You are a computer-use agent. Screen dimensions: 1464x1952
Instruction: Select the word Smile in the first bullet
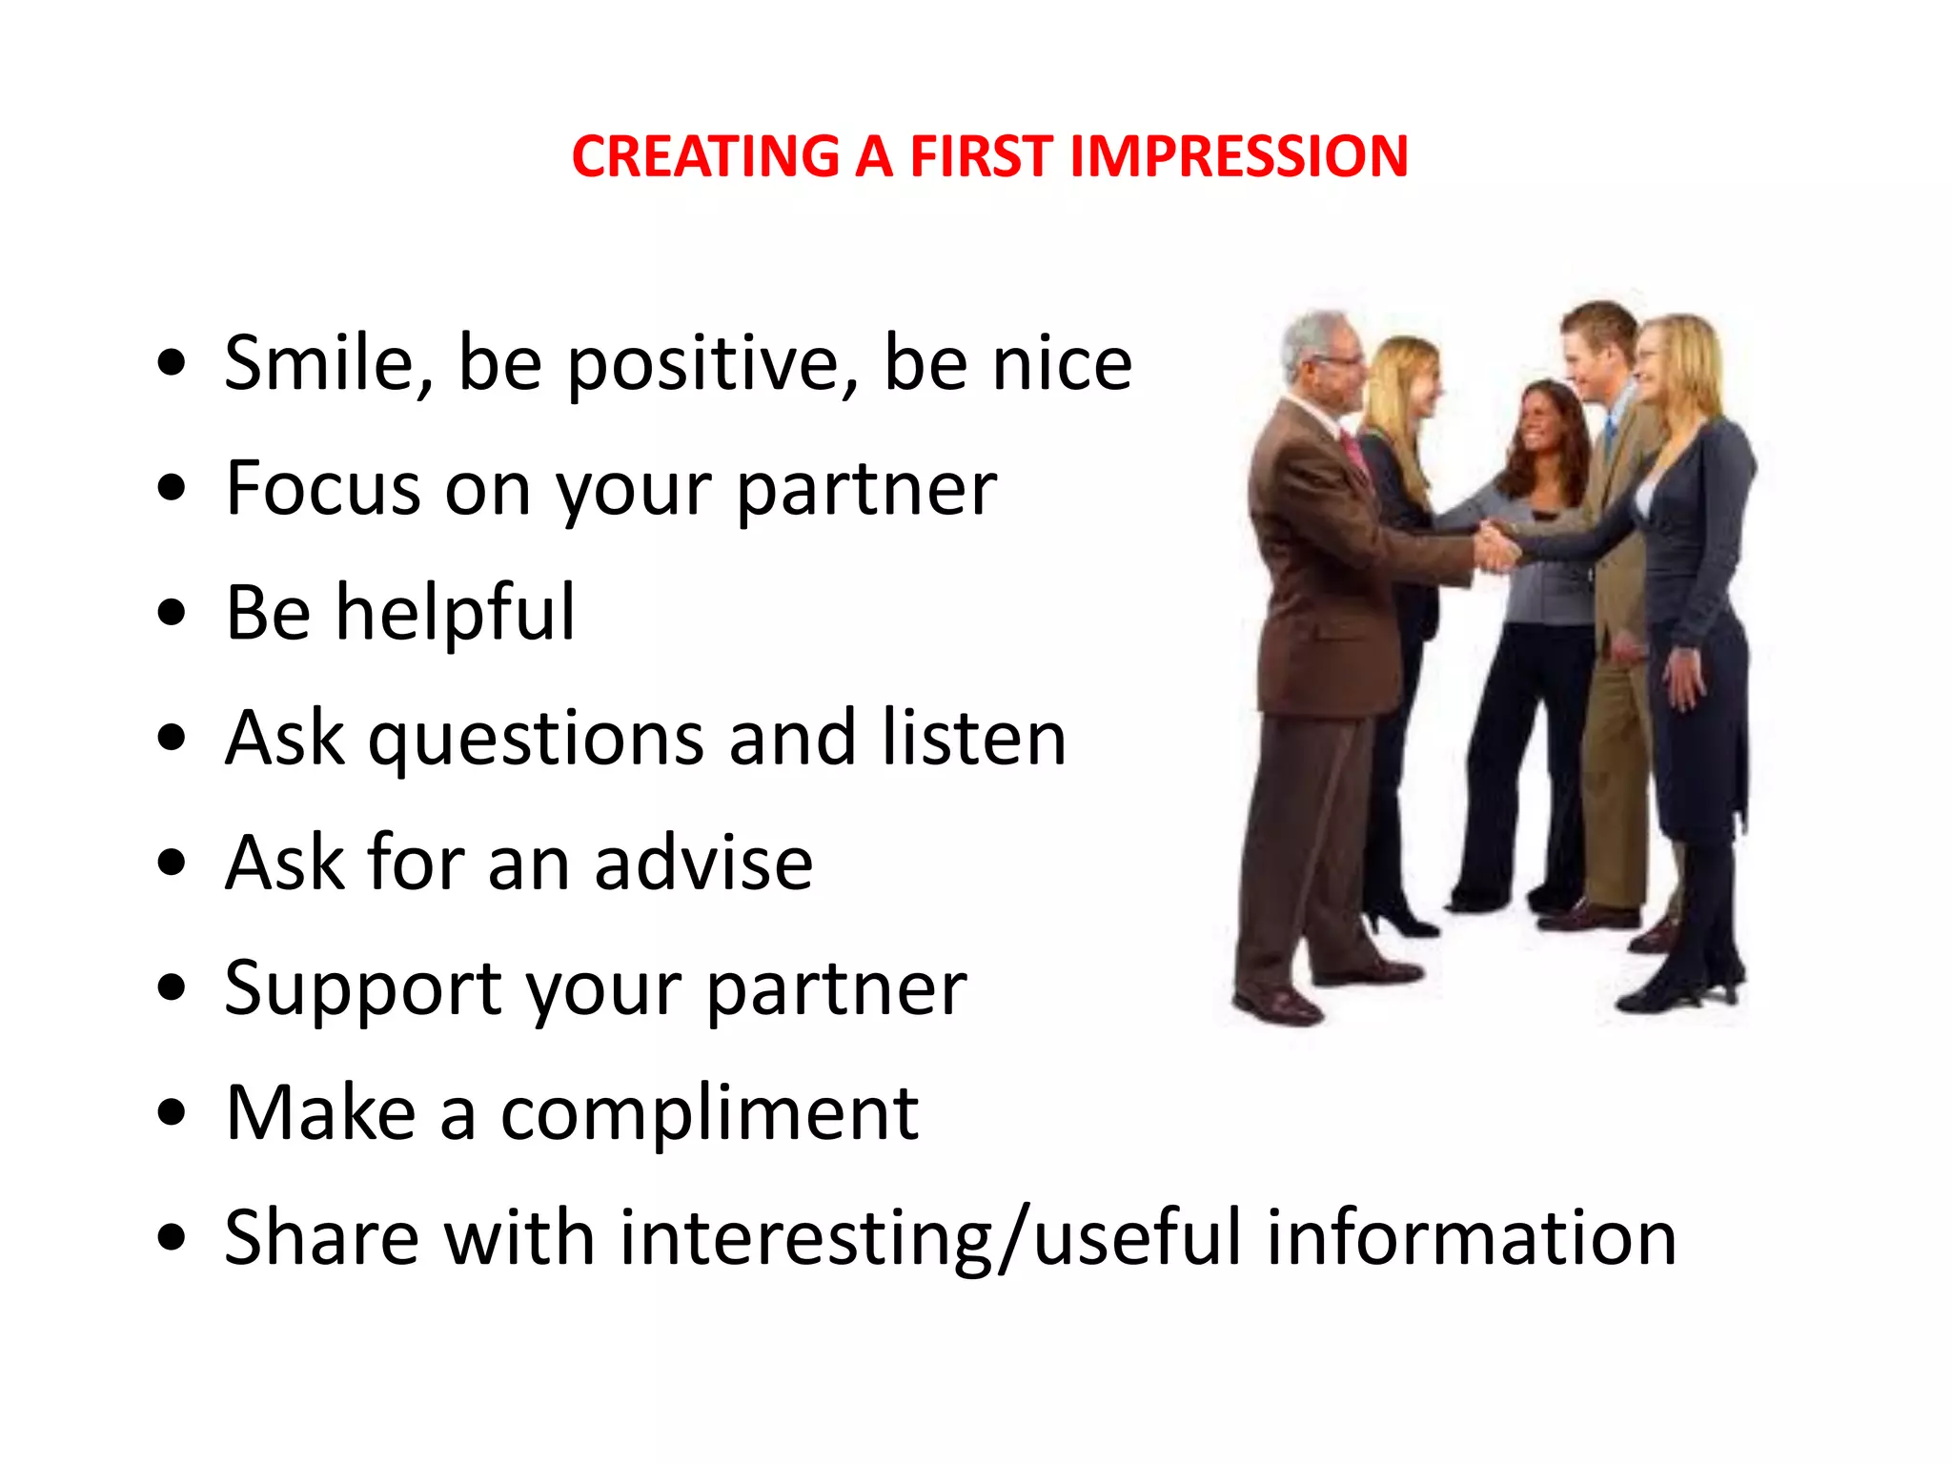(328, 363)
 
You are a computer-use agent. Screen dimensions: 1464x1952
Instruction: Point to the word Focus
(322, 488)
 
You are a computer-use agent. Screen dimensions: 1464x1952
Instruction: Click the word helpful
(456, 613)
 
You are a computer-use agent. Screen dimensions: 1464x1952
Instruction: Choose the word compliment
(709, 1114)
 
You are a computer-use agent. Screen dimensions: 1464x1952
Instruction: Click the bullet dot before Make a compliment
(172, 1113)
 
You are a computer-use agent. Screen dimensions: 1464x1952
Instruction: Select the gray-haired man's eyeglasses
(1342, 361)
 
